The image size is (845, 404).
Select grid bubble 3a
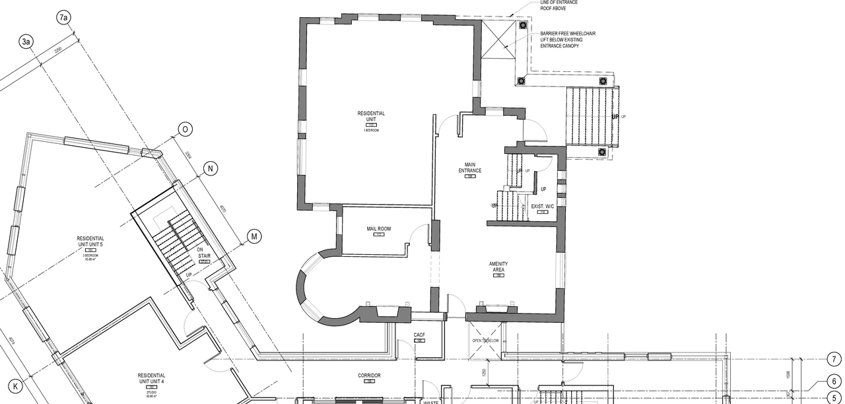pyautogui.click(x=26, y=42)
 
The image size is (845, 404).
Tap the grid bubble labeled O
pyautogui.click(x=186, y=129)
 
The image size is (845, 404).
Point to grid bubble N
pyautogui.click(x=210, y=168)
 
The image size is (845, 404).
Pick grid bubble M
pyautogui.click(x=254, y=236)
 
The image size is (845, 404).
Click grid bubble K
pyautogui.click(x=17, y=385)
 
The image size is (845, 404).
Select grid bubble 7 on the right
pyautogui.click(x=834, y=360)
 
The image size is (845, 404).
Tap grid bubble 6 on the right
pyautogui.click(x=834, y=382)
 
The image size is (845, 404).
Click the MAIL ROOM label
pyautogui.click(x=379, y=229)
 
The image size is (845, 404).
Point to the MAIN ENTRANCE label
pyautogui.click(x=470, y=168)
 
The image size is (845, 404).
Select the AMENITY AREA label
pyautogui.click(x=498, y=267)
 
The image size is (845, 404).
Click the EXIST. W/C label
pyautogui.click(x=542, y=207)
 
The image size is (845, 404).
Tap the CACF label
pyautogui.click(x=419, y=335)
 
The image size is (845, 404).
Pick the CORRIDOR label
pyautogui.click(x=370, y=376)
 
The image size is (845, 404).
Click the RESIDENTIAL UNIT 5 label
pyautogui.click(x=90, y=242)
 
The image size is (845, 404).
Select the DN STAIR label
pyautogui.click(x=204, y=253)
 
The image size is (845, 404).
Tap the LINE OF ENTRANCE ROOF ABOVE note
pyautogui.click(x=559, y=6)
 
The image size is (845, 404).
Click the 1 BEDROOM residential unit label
pyautogui.click(x=371, y=117)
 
